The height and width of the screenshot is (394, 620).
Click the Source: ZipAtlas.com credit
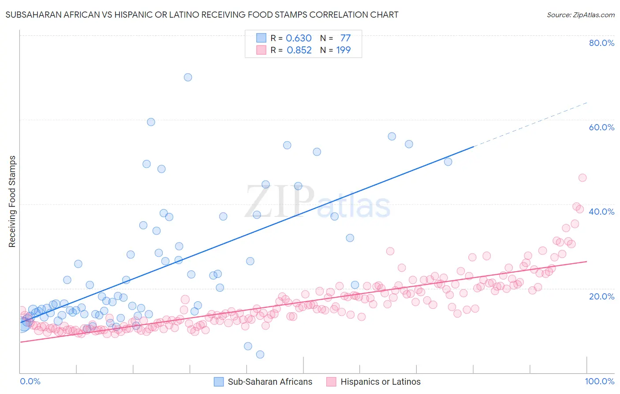click(x=580, y=15)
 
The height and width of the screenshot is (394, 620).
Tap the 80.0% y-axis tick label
click(x=601, y=43)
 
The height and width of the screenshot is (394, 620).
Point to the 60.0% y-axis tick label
click(x=601, y=127)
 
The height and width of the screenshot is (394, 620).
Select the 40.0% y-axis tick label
click(x=601, y=212)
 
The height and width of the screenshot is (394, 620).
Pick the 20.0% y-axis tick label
click(x=601, y=296)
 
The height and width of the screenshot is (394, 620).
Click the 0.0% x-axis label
click(x=30, y=381)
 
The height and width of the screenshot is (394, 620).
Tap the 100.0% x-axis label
click(x=599, y=381)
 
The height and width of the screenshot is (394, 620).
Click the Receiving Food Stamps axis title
click(x=12, y=201)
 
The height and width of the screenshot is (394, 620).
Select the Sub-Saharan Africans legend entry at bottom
click(x=263, y=382)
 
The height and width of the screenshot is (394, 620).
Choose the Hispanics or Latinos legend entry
click(x=374, y=382)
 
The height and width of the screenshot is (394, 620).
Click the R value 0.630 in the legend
click(x=299, y=38)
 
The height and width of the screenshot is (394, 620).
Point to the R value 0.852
click(x=299, y=50)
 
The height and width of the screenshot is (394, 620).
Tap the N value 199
click(x=344, y=50)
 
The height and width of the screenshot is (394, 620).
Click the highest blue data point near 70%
click(x=188, y=77)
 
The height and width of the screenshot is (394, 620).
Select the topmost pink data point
click(x=583, y=178)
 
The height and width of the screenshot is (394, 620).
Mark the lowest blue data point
click(x=260, y=354)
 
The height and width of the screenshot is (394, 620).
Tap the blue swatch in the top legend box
click(x=261, y=38)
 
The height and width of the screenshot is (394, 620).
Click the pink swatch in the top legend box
click(x=261, y=50)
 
